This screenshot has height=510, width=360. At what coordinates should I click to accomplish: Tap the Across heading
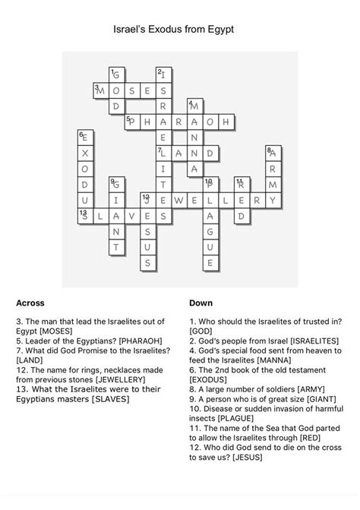30,303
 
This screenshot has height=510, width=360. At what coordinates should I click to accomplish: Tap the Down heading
201,303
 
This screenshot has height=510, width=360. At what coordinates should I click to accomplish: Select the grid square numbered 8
274,154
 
